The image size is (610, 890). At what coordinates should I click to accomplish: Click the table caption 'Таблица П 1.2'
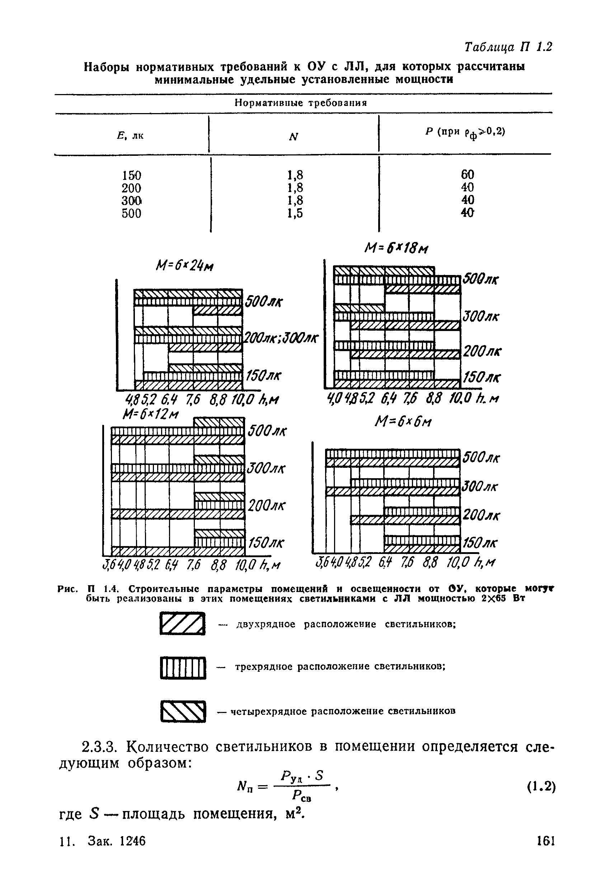tap(508, 47)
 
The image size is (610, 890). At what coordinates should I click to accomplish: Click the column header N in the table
tap(294, 137)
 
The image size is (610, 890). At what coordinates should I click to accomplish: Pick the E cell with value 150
tap(131, 176)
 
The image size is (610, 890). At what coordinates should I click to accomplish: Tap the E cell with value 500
tap(131, 213)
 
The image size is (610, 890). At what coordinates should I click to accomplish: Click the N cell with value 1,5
tap(295, 213)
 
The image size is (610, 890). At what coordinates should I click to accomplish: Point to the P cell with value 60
tap(467, 174)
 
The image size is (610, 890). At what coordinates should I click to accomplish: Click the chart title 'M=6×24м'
tap(184, 266)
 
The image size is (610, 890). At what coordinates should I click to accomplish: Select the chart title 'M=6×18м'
tap(396, 249)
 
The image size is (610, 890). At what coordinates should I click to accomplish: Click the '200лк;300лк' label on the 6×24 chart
tap(282, 339)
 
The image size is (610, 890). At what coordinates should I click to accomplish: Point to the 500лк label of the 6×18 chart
tap(481, 279)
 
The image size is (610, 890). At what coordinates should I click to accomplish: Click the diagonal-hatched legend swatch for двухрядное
tap(183, 624)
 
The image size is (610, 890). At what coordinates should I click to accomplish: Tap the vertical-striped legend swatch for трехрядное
tap(183, 668)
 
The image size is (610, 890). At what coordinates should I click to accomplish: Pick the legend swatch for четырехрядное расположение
tap(183, 711)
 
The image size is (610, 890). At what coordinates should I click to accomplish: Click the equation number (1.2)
tap(540, 787)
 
